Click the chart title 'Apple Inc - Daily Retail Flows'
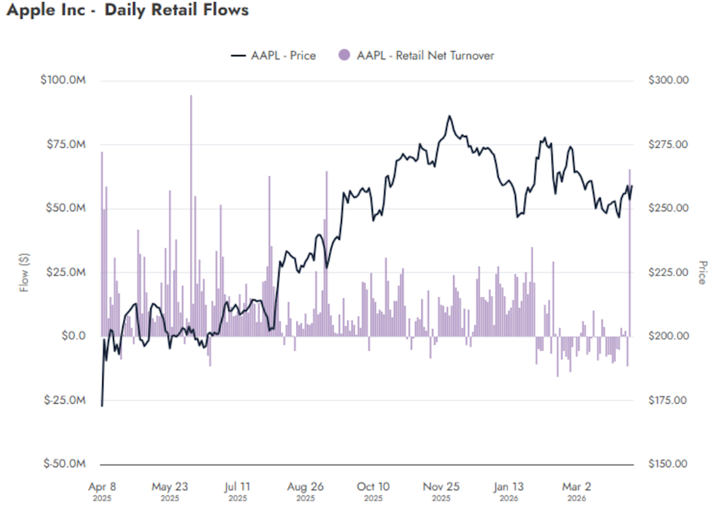[x=126, y=11]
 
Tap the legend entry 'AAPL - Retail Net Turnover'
[x=425, y=55]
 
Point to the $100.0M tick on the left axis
[x=63, y=80]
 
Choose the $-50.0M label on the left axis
[x=64, y=463]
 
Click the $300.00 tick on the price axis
[x=667, y=80]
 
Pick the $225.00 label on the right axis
[x=667, y=272]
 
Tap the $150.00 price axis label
[x=667, y=463]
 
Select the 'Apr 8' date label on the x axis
[x=102, y=487]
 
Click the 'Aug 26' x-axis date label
[x=305, y=487]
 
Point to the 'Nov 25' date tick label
[x=440, y=487]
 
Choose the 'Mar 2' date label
[x=576, y=487]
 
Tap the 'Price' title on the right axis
[x=703, y=272]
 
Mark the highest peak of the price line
[x=449, y=116]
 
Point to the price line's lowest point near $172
[x=102, y=405]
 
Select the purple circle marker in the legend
[x=345, y=55]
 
